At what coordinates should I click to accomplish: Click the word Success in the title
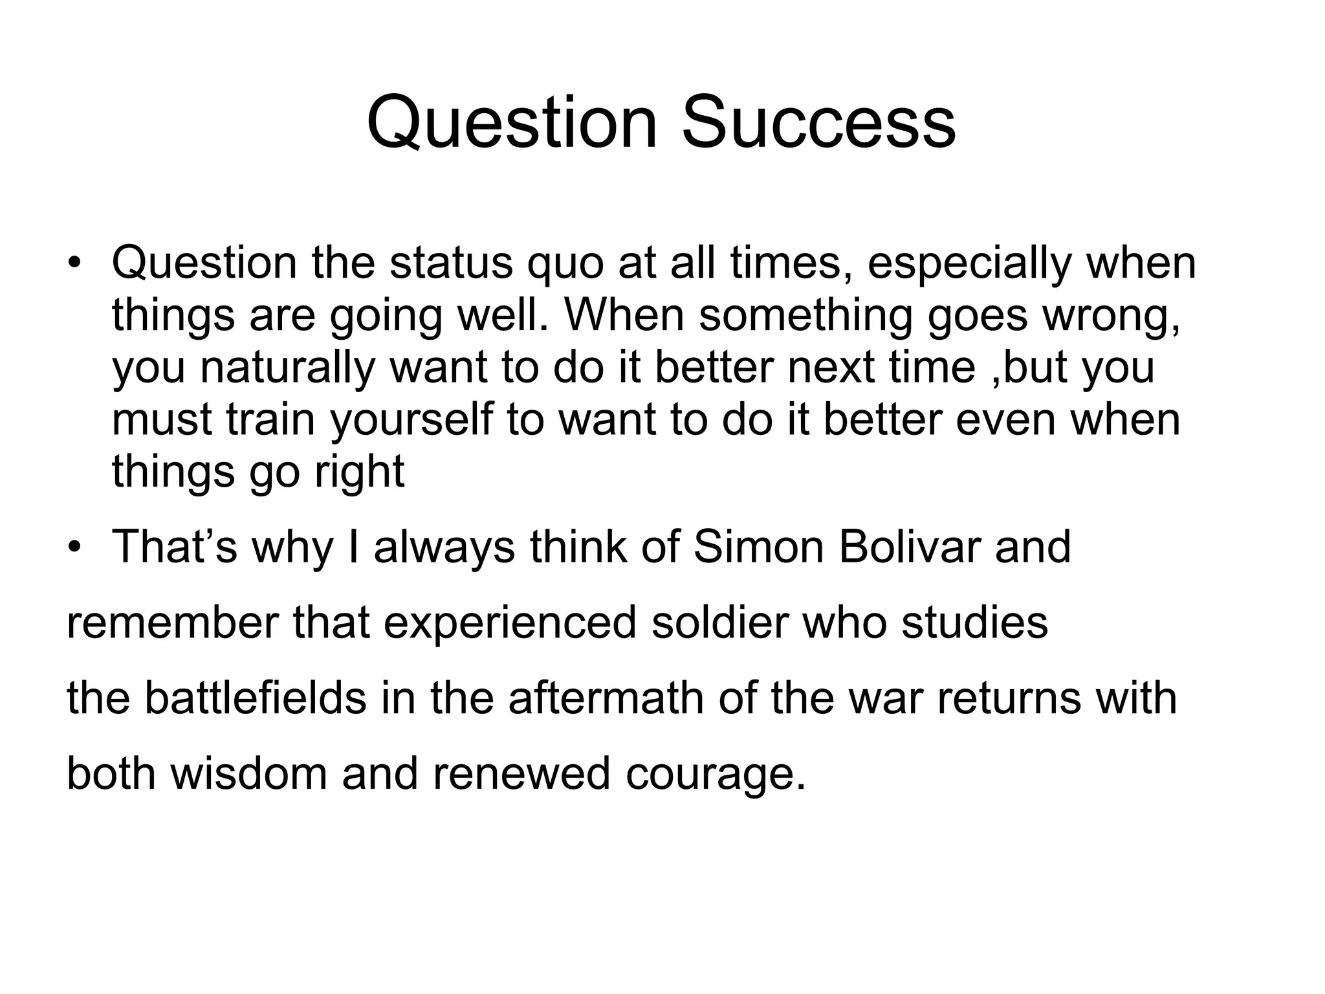pos(818,122)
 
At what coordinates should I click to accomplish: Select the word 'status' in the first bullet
pos(450,263)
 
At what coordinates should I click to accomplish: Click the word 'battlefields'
pos(255,699)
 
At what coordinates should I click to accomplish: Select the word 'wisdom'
pos(248,775)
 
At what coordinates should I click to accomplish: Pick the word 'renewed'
pos(521,775)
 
